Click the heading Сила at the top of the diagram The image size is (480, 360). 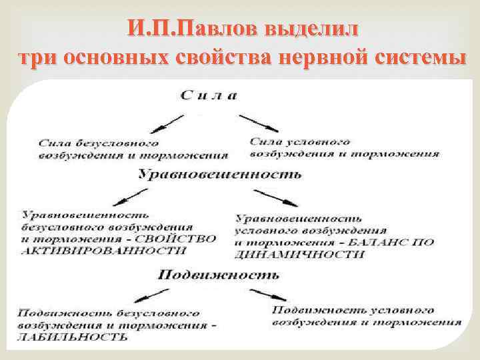pyautogui.click(x=208, y=95)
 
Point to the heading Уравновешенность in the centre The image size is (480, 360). pyautogui.click(x=219, y=174)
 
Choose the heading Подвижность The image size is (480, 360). pyautogui.click(x=219, y=274)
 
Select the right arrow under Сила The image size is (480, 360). pyautogui.click(x=259, y=122)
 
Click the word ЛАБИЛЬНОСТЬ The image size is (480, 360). pyautogui.click(x=73, y=337)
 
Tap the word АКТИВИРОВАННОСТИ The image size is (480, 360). pyautogui.click(x=103, y=251)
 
